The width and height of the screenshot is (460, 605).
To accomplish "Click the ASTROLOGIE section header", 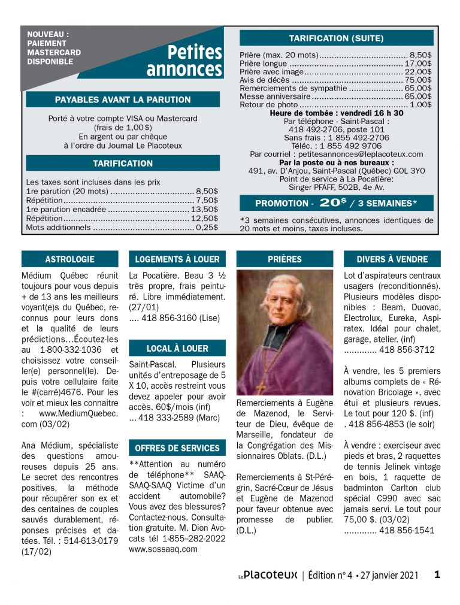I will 69,259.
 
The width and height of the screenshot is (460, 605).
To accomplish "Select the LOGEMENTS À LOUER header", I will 177,259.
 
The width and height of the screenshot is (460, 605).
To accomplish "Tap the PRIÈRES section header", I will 285,259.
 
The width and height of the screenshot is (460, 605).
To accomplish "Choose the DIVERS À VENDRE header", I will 392,259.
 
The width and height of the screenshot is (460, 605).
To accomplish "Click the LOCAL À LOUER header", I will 177,348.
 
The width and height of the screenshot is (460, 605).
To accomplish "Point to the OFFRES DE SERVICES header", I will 177,448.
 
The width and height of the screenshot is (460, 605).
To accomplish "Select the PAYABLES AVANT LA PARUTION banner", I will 123,99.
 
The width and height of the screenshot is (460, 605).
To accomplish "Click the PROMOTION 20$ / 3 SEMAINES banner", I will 336,202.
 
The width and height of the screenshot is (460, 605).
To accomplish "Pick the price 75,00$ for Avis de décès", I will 419,80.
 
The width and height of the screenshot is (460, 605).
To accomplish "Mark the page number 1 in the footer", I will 437,575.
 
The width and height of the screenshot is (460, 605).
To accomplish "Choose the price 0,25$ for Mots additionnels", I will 207,228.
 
